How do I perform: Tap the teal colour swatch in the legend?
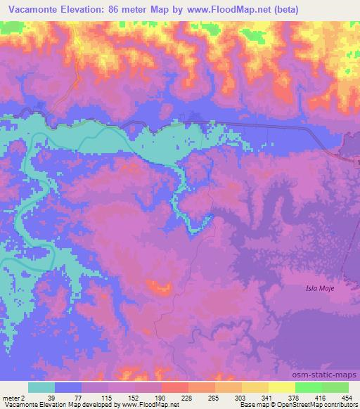[x=41, y=387]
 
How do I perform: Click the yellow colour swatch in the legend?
[x=255, y=387]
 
